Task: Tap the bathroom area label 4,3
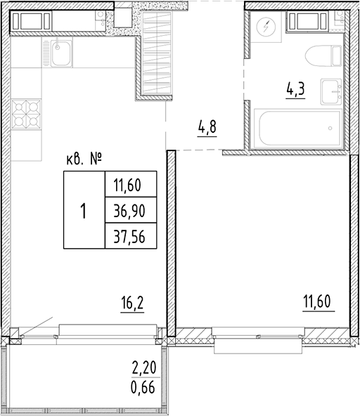tap(295, 91)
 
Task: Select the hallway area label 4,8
tap(207, 129)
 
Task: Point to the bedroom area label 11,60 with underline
tap(317, 303)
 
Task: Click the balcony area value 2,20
tap(143, 366)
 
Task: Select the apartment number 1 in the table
tap(84, 210)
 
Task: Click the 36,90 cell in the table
tap(129, 210)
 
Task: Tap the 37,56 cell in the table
tap(129, 236)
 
